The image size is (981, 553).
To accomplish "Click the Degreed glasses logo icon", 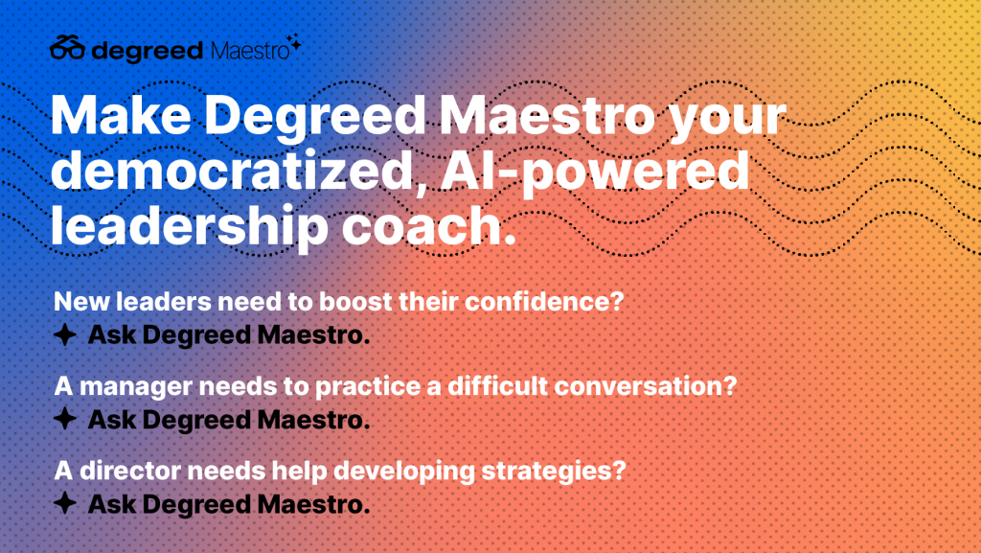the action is coord(67,48).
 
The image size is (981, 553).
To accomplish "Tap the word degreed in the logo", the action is coord(147,51).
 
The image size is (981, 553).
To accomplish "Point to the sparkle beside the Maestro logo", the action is coord(295,42).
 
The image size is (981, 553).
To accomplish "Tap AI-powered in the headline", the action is coord(594,173).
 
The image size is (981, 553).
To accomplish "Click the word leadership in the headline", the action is coord(189,227).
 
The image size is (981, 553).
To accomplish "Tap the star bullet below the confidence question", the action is coord(65,334).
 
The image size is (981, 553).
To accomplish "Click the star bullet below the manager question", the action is coord(65,419).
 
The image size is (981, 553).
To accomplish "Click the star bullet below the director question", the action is coord(65,503).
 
